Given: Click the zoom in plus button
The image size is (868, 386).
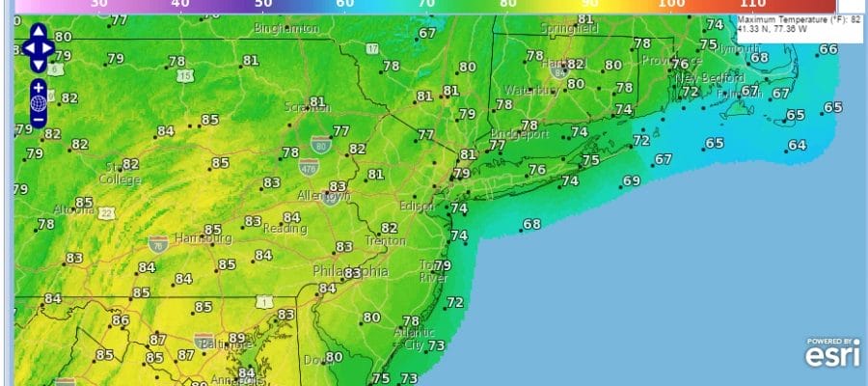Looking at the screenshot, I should (39, 88).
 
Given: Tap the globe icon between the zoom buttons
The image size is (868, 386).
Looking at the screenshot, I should (39, 103).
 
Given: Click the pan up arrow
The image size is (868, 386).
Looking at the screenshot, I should (39, 32).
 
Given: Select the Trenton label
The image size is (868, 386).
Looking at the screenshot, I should (386, 239).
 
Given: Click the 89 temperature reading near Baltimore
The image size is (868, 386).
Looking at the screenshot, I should (237, 338).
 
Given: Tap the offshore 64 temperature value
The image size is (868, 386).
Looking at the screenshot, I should (797, 146).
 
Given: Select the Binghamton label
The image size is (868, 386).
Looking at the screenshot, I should (286, 29).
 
